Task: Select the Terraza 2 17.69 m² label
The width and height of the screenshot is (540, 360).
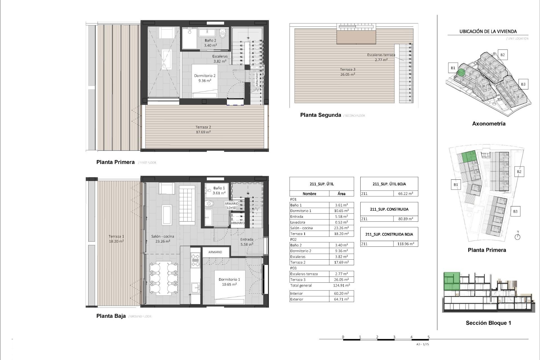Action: point(203,129)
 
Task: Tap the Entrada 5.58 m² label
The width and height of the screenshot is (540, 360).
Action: point(247,242)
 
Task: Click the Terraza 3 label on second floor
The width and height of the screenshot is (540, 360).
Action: point(348,72)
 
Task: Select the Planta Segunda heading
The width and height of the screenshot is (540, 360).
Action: point(320,115)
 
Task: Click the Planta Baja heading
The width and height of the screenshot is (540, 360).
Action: point(111,316)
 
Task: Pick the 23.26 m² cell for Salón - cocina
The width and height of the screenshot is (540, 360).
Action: point(341,228)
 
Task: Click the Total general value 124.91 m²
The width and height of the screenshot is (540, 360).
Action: point(341,285)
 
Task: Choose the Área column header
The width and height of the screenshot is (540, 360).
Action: point(341,193)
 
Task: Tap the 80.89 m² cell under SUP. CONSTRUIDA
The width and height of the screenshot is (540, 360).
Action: point(405,219)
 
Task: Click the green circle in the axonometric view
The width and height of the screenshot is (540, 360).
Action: point(461,73)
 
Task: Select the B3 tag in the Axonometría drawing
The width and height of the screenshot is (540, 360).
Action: point(523,84)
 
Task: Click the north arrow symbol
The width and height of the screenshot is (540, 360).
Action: point(517,237)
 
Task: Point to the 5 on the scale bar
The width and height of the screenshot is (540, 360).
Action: point(429,337)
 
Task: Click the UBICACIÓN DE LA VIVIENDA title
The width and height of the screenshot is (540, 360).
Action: point(488,31)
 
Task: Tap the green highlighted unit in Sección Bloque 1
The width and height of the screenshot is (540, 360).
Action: point(452,281)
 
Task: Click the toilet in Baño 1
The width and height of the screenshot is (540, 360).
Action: point(209,203)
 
